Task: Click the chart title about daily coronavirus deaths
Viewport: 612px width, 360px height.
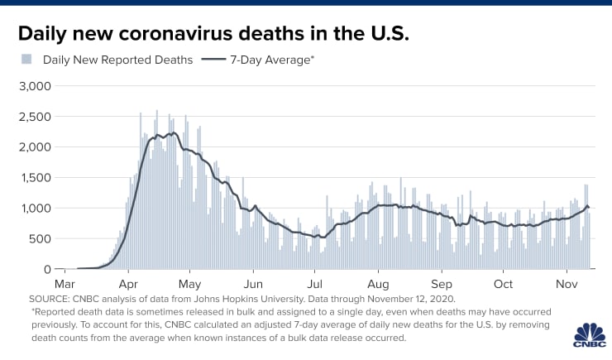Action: pyautogui.click(x=214, y=34)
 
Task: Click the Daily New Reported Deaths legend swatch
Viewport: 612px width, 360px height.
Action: pyautogui.click(x=26, y=60)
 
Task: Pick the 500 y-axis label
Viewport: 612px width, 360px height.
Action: pyautogui.click(x=40, y=239)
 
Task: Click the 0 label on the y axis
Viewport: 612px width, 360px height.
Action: pyautogui.click(x=48, y=270)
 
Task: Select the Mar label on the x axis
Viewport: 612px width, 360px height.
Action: pyautogui.click(x=65, y=283)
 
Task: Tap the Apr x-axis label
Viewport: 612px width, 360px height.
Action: pyautogui.click(x=128, y=283)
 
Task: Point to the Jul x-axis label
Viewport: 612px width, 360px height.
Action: pyautogui.click(x=314, y=283)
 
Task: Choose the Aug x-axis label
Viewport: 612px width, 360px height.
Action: pyautogui.click(x=378, y=283)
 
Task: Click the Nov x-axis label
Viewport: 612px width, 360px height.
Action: pyautogui.click(x=567, y=283)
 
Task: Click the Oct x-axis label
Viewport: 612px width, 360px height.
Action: pyautogui.click(x=503, y=283)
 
